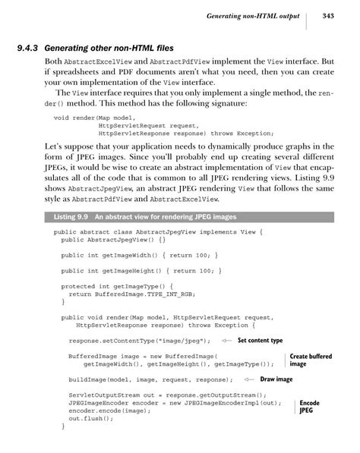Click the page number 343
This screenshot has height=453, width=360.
coord(328,15)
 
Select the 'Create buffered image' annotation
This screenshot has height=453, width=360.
coord(311,360)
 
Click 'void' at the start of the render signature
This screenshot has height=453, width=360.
coord(62,118)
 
